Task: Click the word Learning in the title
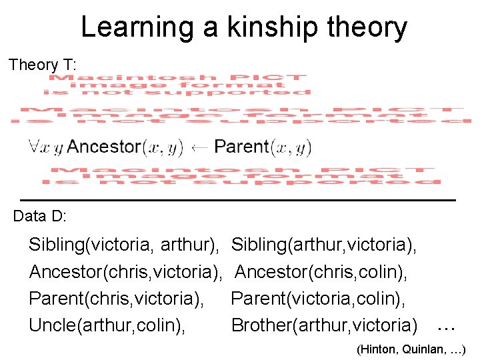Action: [136, 27]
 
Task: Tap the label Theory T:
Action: [43, 65]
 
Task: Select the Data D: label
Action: [39, 216]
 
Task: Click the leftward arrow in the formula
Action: [198, 147]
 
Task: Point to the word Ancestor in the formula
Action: [104, 147]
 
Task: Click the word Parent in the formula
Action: [241, 147]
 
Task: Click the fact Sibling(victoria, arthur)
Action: [124, 245]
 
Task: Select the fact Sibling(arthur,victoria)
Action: [324, 245]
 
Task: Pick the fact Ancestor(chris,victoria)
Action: [125, 272]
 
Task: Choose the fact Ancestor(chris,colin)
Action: [321, 272]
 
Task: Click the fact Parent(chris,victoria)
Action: [116, 299]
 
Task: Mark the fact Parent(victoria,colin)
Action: [319, 299]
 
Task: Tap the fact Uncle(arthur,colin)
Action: [107, 325]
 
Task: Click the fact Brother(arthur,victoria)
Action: [324, 325]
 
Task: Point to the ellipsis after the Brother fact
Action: [445, 327]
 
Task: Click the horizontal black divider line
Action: [238, 199]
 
